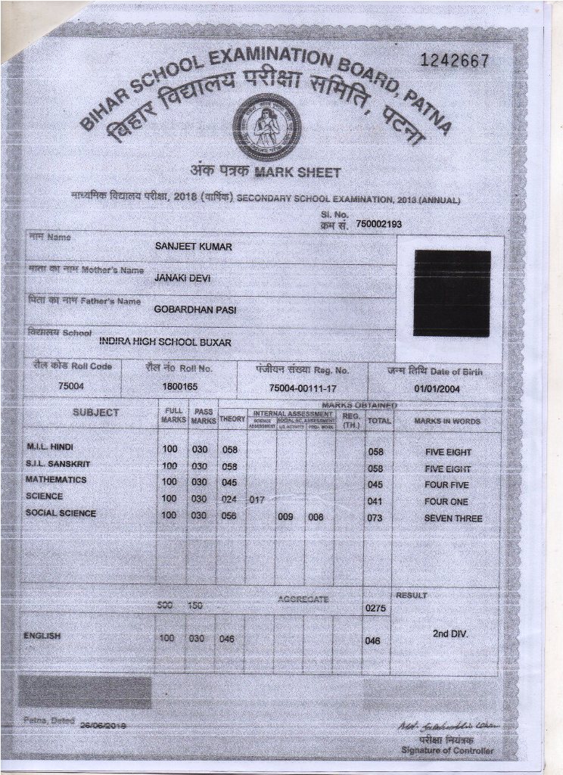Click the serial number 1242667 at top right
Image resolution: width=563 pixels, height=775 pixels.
(x=454, y=61)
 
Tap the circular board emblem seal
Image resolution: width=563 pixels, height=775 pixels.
(x=266, y=126)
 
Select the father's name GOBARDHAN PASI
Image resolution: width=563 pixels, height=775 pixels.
(x=195, y=310)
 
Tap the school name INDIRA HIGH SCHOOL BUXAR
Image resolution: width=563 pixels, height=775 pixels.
(x=165, y=342)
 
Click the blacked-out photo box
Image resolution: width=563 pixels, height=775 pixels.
(x=452, y=293)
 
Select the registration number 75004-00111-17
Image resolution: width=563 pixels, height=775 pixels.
(x=303, y=387)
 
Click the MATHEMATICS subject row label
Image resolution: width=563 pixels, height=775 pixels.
(x=56, y=480)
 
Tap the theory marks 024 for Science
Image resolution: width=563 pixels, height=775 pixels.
(x=229, y=500)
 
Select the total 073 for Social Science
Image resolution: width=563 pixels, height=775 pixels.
(x=375, y=518)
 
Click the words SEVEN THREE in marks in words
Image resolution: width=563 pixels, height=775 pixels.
(x=453, y=518)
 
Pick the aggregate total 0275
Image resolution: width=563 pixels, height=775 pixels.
(x=376, y=608)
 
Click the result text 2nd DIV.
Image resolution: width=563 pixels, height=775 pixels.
(x=450, y=633)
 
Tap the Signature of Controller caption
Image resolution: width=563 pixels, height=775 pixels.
(x=447, y=750)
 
